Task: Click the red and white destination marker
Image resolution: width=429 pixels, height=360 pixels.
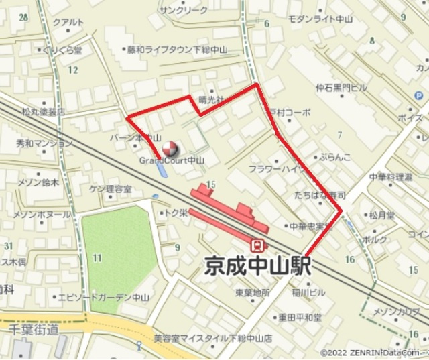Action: coord(170,147)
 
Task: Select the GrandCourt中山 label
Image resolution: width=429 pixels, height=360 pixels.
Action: coord(172,161)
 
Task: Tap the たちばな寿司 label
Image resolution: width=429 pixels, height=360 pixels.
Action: coord(319,195)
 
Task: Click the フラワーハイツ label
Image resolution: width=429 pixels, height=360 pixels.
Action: coord(276,168)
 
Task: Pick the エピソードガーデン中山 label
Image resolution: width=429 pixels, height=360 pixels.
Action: coord(103,296)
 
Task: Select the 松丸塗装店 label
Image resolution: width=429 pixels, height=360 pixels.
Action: coord(44,111)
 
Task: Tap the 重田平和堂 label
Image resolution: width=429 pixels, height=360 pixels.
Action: coord(300,316)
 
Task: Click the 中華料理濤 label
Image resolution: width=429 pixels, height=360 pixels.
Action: coord(391,177)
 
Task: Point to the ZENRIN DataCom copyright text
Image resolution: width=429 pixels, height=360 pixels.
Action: coord(373,353)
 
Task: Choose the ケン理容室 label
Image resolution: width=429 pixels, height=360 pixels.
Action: coord(110,189)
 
